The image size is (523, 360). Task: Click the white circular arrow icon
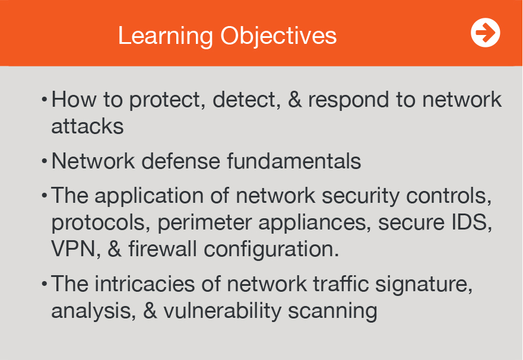tap(486, 33)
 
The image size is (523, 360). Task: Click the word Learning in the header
tap(166, 36)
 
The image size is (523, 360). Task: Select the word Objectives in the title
tap(278, 36)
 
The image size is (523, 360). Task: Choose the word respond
tap(348, 100)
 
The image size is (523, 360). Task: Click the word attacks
tap(87, 126)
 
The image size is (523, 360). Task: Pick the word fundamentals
tap(294, 161)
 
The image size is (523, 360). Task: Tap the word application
tap(149, 196)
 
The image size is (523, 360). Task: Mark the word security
tap(360, 196)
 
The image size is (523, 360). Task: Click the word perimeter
tap(204, 223)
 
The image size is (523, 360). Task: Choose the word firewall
tap(163, 249)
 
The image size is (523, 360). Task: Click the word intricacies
tap(145, 284)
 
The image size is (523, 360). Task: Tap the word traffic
tap(341, 284)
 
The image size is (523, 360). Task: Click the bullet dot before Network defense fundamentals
tap(45, 161)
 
